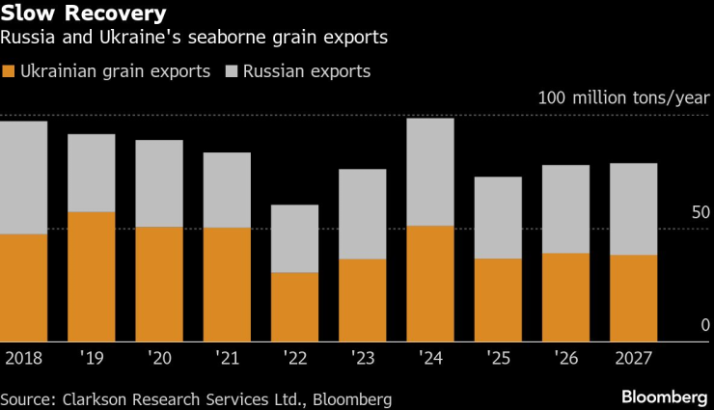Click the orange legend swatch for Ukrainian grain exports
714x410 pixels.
pyautogui.click(x=9, y=71)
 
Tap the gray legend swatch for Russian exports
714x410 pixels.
pyautogui.click(x=232, y=71)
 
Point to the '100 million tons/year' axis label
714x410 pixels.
pyautogui.click(x=623, y=98)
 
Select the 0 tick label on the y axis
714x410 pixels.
pyautogui.click(x=705, y=325)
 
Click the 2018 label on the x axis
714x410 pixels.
pyautogui.click(x=24, y=358)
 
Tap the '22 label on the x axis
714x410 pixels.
pyautogui.click(x=294, y=358)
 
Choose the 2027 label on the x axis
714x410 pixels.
pyautogui.click(x=633, y=358)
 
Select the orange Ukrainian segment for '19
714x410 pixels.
pyautogui.click(x=91, y=276)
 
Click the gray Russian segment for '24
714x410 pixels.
pyautogui.click(x=430, y=172)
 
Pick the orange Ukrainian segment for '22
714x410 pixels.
pyautogui.click(x=294, y=307)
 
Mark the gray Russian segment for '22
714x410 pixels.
pyautogui.click(x=294, y=238)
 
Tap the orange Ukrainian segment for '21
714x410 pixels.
pyautogui.click(x=227, y=284)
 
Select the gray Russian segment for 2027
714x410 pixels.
pyautogui.click(x=633, y=209)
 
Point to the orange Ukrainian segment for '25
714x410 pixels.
pyautogui.click(x=498, y=299)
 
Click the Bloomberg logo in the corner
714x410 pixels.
pyautogui.click(x=664, y=397)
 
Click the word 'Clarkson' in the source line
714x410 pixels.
pyautogui.click(x=98, y=398)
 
